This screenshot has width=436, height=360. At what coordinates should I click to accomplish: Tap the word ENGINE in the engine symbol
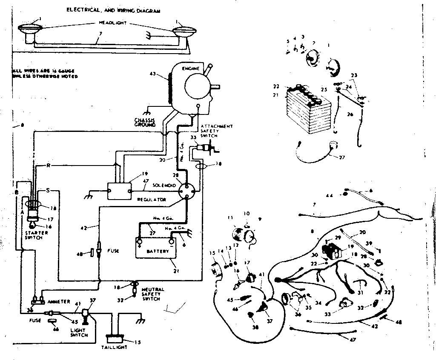[188, 68]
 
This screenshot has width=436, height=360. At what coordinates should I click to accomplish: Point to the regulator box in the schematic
[119, 191]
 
